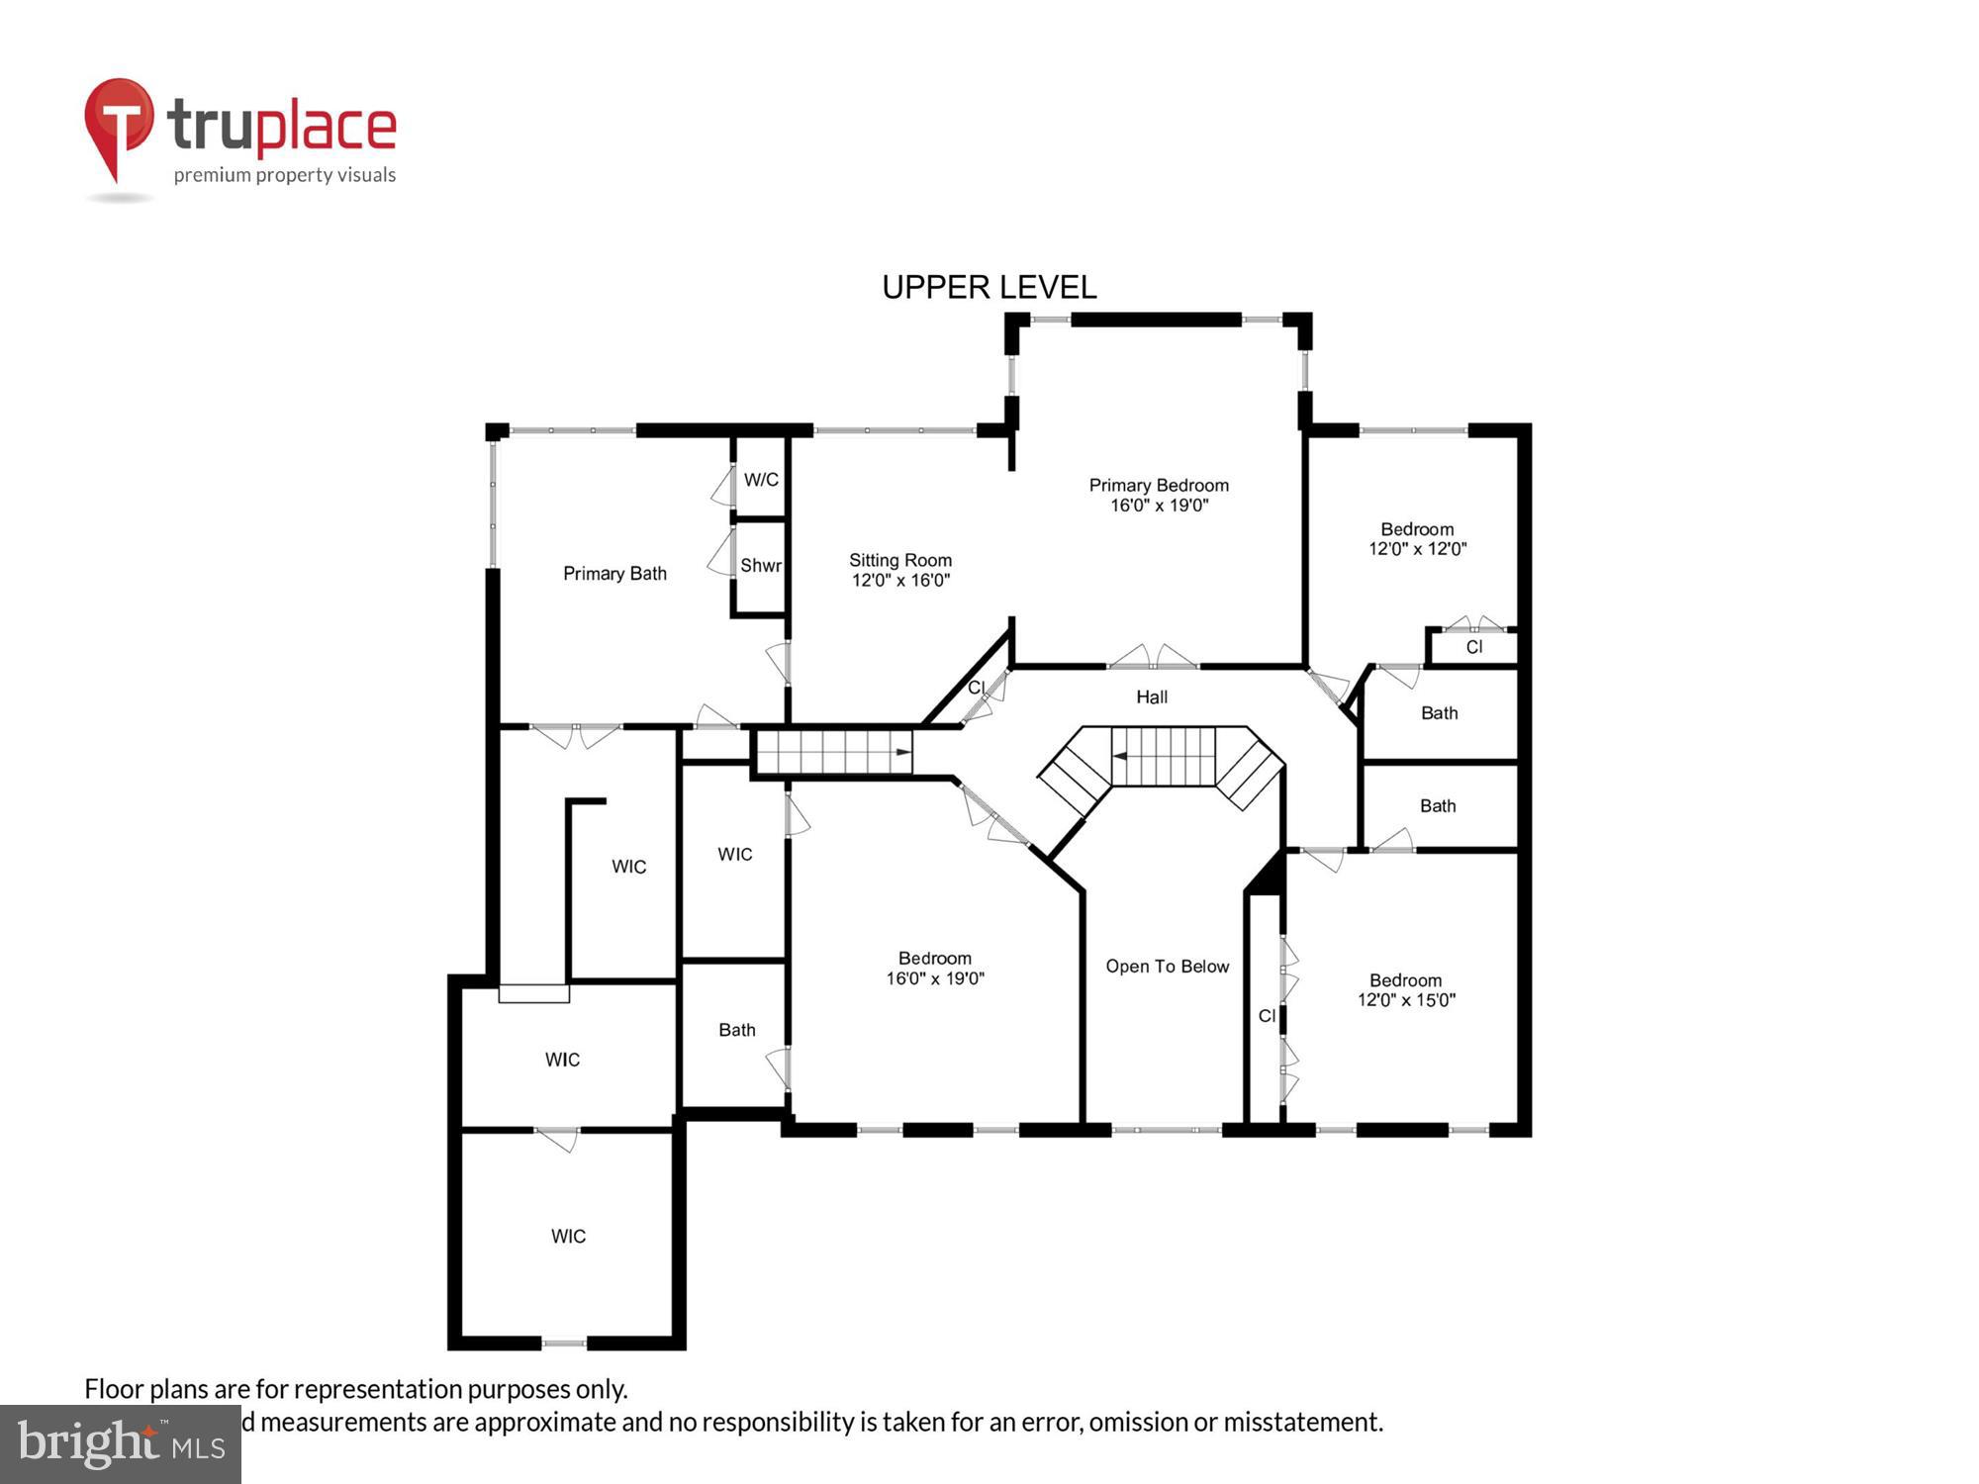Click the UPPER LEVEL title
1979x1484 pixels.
pos(989,287)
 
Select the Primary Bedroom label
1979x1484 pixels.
pos(1159,495)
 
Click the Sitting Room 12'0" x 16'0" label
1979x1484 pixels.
pos(900,570)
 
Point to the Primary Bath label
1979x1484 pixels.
pos(614,574)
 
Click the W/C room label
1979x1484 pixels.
pos(761,480)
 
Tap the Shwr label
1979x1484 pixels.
pos(760,566)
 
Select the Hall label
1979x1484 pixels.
pos(1151,697)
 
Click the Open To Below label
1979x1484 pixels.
pos(1167,967)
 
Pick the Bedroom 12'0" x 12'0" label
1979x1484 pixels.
pos(1417,539)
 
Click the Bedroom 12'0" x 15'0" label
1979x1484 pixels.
pos(1405,990)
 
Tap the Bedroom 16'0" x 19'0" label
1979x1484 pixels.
pos(934,969)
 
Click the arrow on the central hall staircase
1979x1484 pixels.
pos(1120,756)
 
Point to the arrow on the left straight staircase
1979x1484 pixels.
pos(902,753)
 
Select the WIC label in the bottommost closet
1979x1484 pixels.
pos(568,1237)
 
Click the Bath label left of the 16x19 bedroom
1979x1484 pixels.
pos(736,1030)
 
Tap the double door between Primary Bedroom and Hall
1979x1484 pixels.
pos(1152,659)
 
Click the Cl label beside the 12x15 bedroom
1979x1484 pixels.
pos(1267,1016)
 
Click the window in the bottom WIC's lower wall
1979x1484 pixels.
pos(564,1343)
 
